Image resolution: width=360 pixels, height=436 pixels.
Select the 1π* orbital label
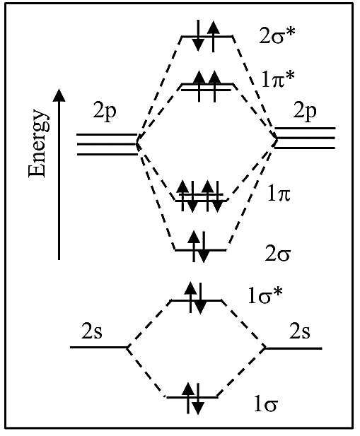click(x=277, y=80)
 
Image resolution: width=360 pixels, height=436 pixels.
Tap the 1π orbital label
click(x=279, y=194)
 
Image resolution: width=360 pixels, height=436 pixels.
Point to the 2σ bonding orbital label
click(x=277, y=254)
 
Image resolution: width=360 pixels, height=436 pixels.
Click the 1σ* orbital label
click(x=265, y=295)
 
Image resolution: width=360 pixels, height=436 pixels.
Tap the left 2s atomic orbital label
click(x=92, y=331)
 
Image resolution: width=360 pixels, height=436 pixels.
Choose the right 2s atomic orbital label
click(x=300, y=331)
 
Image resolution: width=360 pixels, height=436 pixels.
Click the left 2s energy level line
click(x=99, y=347)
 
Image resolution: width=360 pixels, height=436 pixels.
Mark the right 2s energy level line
click(x=294, y=348)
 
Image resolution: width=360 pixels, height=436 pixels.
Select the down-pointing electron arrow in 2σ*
click(x=198, y=35)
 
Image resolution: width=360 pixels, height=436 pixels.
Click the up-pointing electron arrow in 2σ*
click(x=213, y=37)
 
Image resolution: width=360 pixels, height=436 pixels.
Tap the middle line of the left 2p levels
click(x=107, y=144)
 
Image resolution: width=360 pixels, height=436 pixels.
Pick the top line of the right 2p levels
click(x=306, y=128)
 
